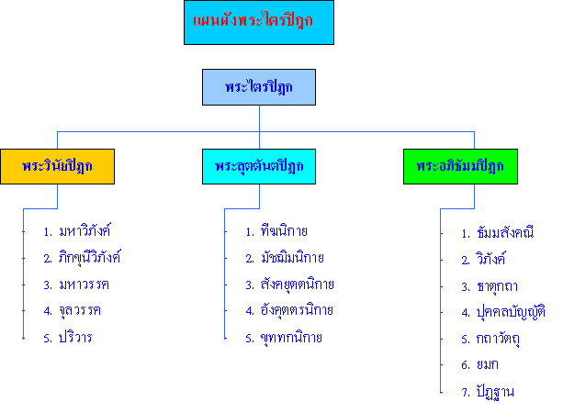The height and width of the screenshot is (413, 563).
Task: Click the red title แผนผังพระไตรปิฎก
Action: (x=253, y=20)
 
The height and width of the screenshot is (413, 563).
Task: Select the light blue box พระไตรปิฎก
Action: (x=259, y=87)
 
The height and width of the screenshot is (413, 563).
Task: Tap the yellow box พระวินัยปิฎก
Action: (x=58, y=166)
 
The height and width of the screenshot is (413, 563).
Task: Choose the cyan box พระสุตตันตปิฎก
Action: (x=259, y=166)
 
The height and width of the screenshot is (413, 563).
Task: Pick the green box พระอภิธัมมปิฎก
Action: (x=460, y=166)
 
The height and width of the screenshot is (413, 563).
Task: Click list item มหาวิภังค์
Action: (x=84, y=230)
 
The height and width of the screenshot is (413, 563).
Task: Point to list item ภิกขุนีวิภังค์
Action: (x=89, y=257)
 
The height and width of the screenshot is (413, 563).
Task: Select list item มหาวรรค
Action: (x=84, y=285)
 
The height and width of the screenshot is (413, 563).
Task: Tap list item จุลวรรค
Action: (x=80, y=311)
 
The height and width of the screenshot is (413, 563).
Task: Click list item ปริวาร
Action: (x=75, y=338)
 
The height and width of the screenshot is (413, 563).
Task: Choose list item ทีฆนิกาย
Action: (x=284, y=230)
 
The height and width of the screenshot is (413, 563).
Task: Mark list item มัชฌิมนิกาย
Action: (x=292, y=257)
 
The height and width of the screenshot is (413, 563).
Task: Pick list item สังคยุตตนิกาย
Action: (x=298, y=285)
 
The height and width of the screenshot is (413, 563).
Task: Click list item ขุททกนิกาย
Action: (x=291, y=338)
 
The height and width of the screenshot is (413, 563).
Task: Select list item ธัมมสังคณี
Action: (x=505, y=232)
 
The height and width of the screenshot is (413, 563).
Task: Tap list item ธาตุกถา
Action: (x=497, y=286)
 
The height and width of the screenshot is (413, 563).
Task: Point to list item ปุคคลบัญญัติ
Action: (x=511, y=311)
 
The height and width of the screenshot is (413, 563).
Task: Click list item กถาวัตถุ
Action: (x=498, y=339)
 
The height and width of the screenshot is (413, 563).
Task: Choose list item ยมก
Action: (x=488, y=364)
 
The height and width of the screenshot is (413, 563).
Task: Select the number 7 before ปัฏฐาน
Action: (x=466, y=393)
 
